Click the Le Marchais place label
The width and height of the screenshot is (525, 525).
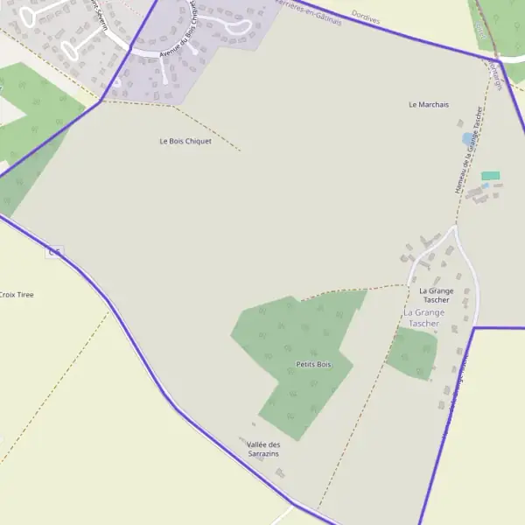(x=429, y=104)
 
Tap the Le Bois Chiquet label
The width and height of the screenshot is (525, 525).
(x=185, y=141)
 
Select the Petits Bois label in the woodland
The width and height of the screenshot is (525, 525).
(x=313, y=364)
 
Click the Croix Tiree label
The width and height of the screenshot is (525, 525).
(x=16, y=295)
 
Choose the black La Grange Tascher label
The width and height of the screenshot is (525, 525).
(x=436, y=295)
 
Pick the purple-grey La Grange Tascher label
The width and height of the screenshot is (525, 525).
(x=423, y=318)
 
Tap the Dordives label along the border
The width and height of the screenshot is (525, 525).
(x=365, y=16)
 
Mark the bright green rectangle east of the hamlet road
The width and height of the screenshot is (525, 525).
(x=490, y=176)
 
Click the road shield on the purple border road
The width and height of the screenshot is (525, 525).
(x=54, y=252)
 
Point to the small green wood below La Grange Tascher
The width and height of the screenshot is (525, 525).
(x=411, y=353)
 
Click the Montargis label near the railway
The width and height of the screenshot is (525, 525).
(x=497, y=73)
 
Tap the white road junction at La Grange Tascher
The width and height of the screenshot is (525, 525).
(x=453, y=229)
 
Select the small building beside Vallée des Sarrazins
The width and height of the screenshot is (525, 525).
(x=280, y=472)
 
